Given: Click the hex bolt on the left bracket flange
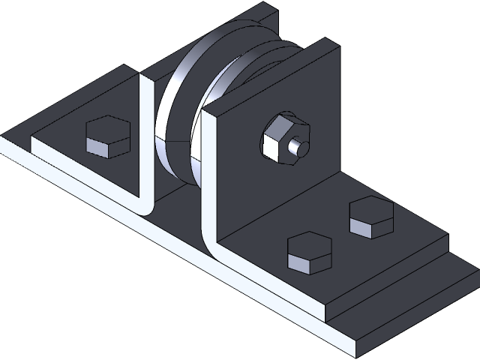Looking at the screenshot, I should coord(107,137).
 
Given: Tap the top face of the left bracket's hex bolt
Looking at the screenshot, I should coord(108,129).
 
